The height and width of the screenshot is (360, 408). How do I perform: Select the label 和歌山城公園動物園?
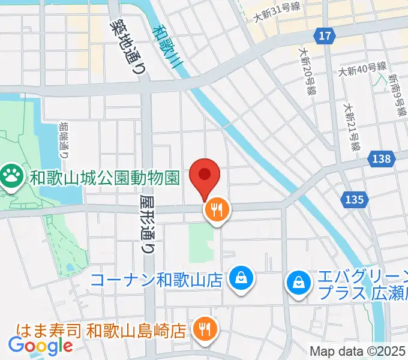pyautogui.click(x=105, y=178)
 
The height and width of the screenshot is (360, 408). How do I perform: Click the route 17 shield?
pyautogui.click(x=325, y=37)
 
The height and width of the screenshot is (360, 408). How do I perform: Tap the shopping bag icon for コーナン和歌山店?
pyautogui.click(x=240, y=278)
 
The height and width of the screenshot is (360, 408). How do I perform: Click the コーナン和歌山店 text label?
pyautogui.click(x=157, y=279)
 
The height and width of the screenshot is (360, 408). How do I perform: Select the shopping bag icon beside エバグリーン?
pyautogui.click(x=298, y=280)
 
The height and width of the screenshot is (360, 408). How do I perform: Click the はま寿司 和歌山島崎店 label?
pyautogui.click(x=101, y=329)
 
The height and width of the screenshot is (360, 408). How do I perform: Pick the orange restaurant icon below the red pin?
pyautogui.click(x=217, y=209)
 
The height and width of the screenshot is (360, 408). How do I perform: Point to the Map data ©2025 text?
pyautogui.click(x=357, y=351)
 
